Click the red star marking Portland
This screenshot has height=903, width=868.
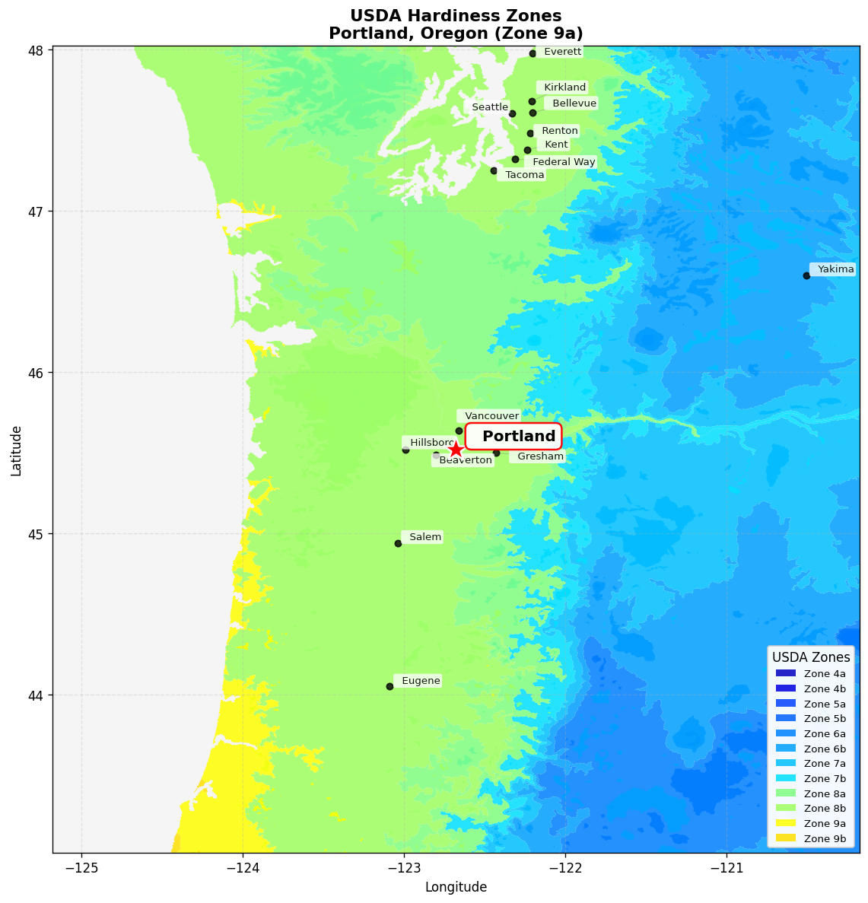click(x=455, y=450)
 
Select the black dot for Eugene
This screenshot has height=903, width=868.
click(x=389, y=686)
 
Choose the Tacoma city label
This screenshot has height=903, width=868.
click(x=524, y=175)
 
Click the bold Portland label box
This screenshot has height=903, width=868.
click(x=513, y=436)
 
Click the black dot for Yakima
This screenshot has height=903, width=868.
click(x=806, y=275)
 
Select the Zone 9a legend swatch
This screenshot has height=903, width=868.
click(x=786, y=824)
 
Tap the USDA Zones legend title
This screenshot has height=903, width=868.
click(x=811, y=657)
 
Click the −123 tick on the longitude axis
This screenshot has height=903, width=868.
click(x=404, y=866)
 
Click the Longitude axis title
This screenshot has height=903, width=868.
click(x=456, y=887)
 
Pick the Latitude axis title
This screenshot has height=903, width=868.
click(x=16, y=450)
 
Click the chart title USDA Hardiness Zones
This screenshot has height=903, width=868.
click(x=456, y=16)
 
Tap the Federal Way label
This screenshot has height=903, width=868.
click(x=563, y=162)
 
